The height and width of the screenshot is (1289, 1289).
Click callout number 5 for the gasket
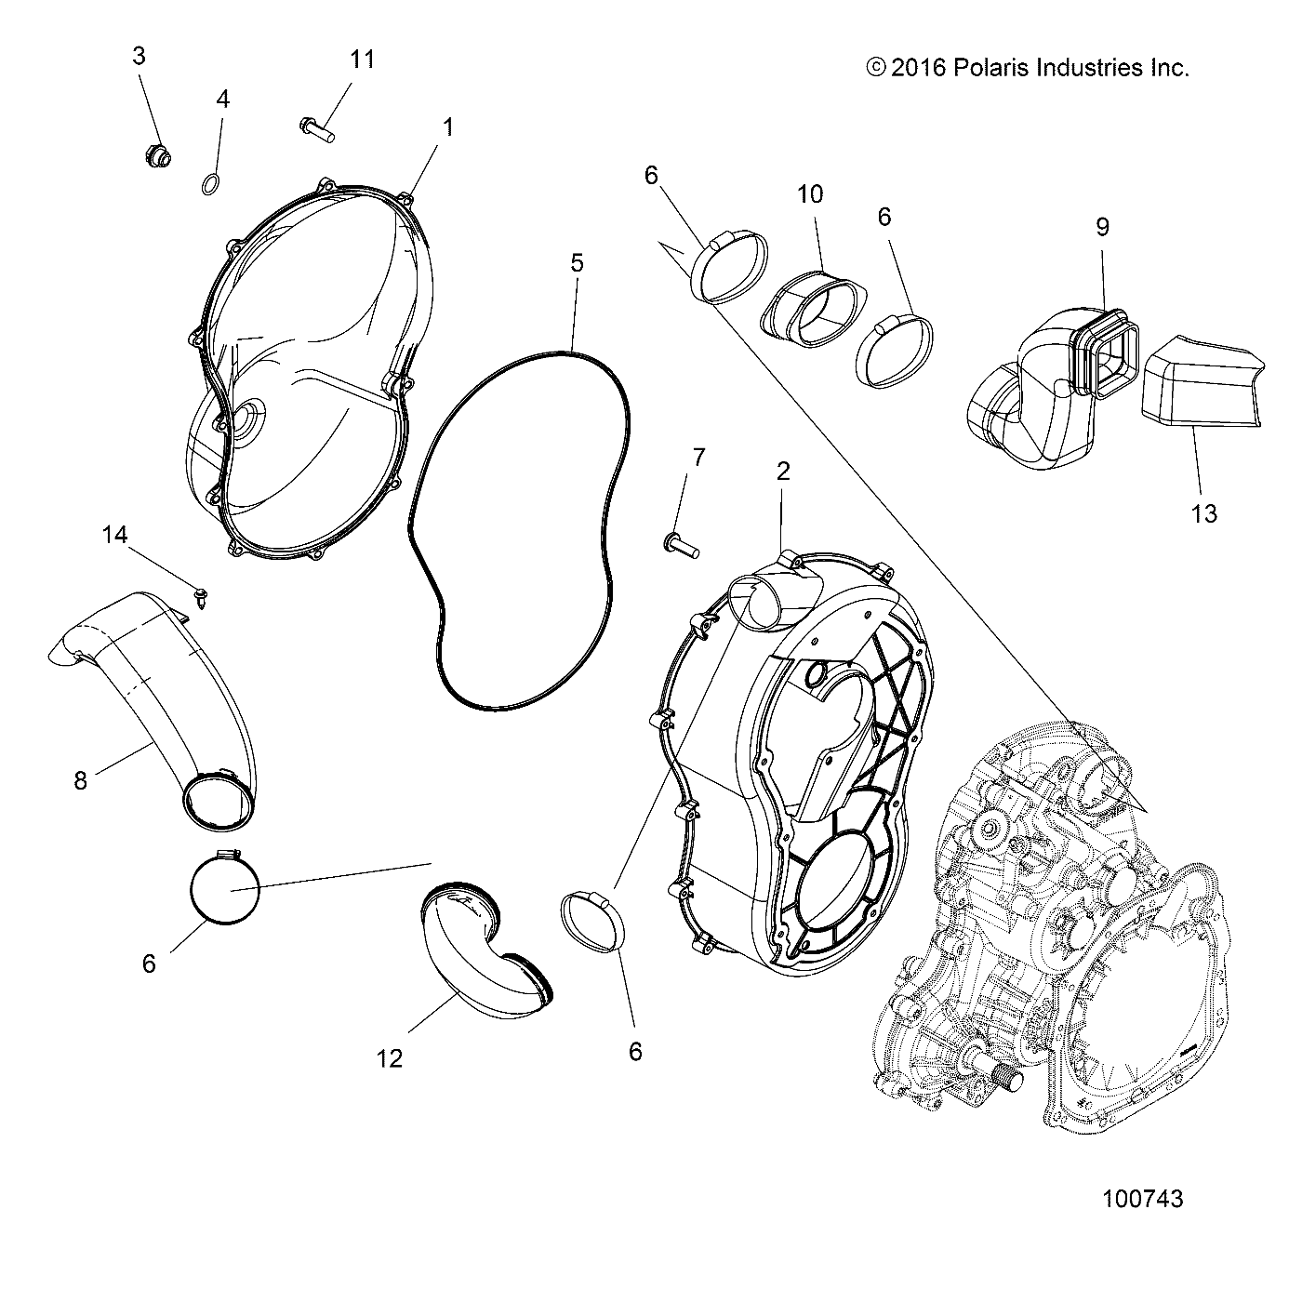click(x=577, y=263)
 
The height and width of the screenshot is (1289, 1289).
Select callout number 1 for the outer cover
click(x=447, y=127)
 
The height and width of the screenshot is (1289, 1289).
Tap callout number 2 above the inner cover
click(x=782, y=472)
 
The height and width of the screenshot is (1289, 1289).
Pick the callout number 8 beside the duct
click(x=81, y=780)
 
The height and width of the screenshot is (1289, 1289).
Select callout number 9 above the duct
click(x=1102, y=227)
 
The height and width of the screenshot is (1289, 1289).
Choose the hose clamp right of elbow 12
click(x=595, y=921)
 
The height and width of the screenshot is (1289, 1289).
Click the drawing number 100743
click(x=1142, y=1199)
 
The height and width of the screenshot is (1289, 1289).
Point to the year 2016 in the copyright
click(x=918, y=68)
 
